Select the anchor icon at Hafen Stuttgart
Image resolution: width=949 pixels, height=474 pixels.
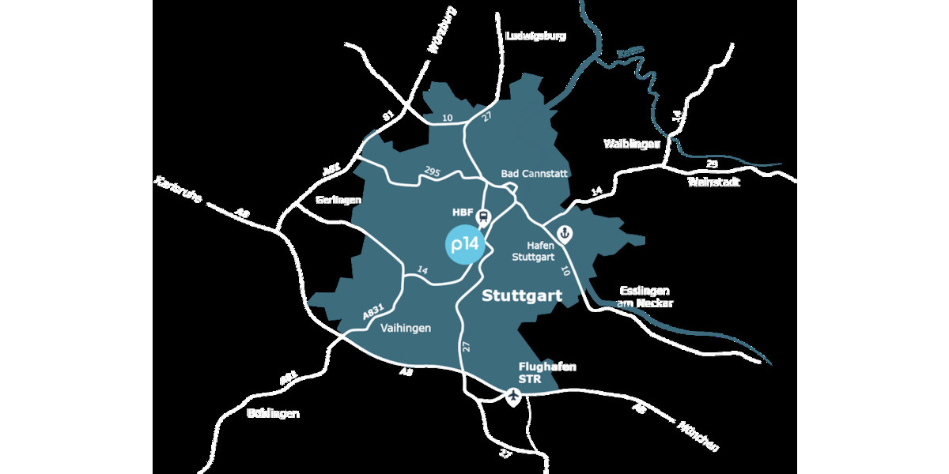point(565,233)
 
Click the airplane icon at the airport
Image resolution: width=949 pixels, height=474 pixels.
point(514,397)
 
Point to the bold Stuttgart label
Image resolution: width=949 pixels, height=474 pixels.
point(522,297)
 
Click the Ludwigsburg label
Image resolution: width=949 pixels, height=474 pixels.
point(535,36)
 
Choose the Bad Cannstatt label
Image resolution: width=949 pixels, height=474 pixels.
point(535,173)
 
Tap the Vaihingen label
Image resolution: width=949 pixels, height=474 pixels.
point(406,328)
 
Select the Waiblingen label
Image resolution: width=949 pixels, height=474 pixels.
point(632,144)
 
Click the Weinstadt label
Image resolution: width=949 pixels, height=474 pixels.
point(714,182)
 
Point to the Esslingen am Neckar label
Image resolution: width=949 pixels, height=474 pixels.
point(645,295)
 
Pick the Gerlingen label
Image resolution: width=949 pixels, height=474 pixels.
point(338,201)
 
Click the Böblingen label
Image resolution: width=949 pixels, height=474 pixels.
point(273,413)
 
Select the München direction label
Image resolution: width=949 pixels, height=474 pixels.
point(698,436)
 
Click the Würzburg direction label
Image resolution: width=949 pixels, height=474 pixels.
point(442,30)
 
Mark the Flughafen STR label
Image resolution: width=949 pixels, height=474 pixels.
point(547,372)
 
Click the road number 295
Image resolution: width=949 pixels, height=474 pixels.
point(431,171)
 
